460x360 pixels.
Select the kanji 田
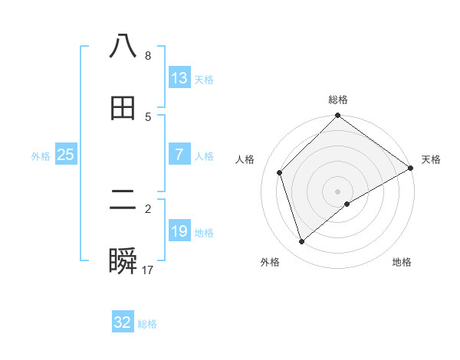pos(123,108)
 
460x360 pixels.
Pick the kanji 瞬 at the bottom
pos(123,262)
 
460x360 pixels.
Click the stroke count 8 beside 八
pos(147,56)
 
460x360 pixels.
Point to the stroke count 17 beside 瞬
pos(148,270)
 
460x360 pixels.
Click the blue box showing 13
pos(179,78)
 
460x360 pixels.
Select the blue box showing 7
pos(179,155)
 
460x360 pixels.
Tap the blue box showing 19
pos(179,231)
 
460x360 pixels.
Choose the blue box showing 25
pos(66,155)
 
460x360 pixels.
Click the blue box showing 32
pos(123,322)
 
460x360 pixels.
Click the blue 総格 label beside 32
pos(147,324)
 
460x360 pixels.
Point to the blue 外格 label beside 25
pos(41,156)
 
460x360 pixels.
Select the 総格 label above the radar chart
pos(338,100)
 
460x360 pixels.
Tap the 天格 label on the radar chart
pos(431,159)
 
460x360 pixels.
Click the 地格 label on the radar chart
pos(402,262)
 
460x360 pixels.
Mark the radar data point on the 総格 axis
pos(338,116)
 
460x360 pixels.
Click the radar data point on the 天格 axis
pos(411,169)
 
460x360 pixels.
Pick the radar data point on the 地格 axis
pos(347,204)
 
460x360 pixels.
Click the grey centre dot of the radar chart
pos(338,191)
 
